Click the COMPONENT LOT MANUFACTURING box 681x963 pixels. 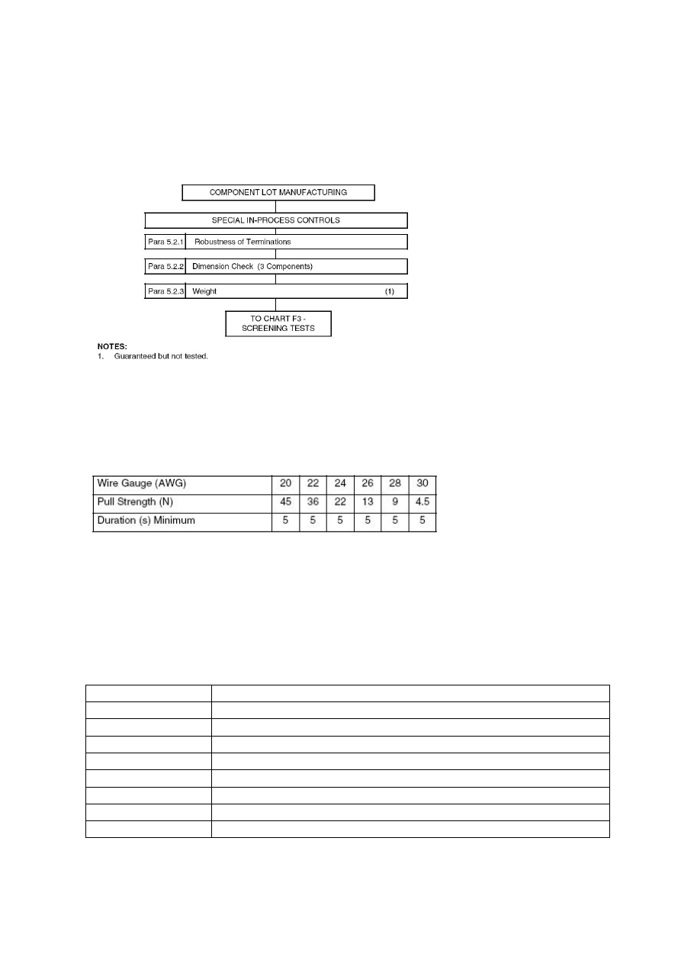tap(278, 192)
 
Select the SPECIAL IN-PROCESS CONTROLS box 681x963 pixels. tap(276, 220)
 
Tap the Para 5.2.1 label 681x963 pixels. tap(165, 242)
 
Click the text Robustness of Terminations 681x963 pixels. tap(243, 242)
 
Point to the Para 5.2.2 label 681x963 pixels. tap(165, 267)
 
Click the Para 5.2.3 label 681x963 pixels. tap(165, 291)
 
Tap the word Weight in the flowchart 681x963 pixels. tap(204, 291)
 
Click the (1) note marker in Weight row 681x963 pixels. tap(390, 291)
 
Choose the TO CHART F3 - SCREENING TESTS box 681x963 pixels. tap(278, 323)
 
